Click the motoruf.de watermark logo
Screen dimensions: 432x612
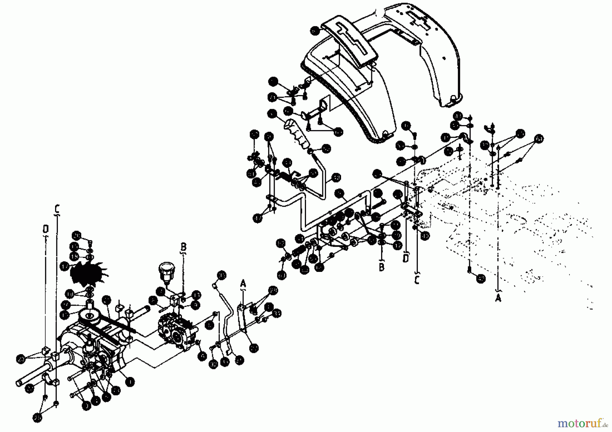click(x=582, y=423)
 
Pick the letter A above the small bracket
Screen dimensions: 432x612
click(x=243, y=283)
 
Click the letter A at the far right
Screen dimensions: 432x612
click(x=498, y=298)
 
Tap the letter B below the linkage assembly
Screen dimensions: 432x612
click(x=381, y=267)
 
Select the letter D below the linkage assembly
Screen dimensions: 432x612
click(x=406, y=259)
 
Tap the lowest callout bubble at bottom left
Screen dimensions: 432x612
click(x=38, y=417)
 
